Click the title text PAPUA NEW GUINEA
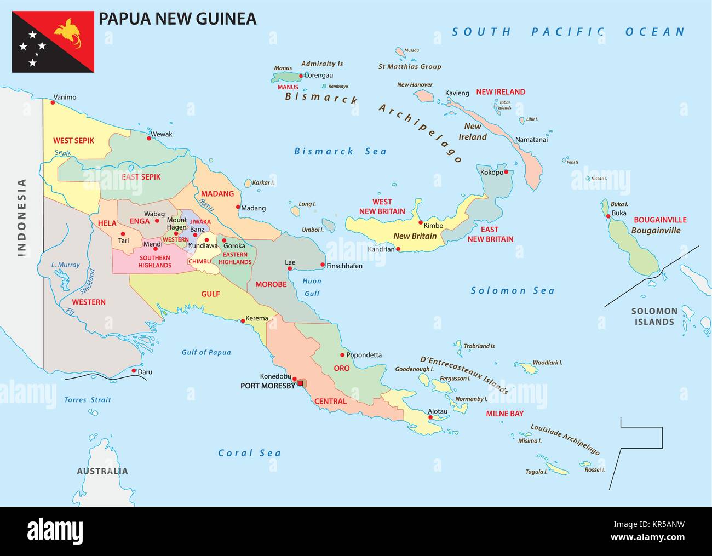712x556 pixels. pyautogui.click(x=177, y=18)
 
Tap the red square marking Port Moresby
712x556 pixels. pyautogui.click(x=300, y=383)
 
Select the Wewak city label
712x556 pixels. pyautogui.click(x=162, y=134)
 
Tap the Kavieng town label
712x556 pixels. pyautogui.click(x=457, y=93)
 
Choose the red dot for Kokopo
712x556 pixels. pyautogui.click(x=506, y=172)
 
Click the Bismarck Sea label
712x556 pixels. pyautogui.click(x=340, y=151)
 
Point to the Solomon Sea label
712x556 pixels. pyautogui.click(x=513, y=290)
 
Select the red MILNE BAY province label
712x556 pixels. pyautogui.click(x=504, y=414)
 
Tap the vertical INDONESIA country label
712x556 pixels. pyautogui.click(x=22, y=217)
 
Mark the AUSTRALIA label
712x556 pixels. pyautogui.click(x=102, y=471)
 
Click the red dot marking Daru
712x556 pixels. pyautogui.click(x=134, y=370)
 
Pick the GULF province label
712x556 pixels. pyautogui.click(x=210, y=294)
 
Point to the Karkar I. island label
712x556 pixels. pyautogui.click(x=263, y=182)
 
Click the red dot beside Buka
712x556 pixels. pyautogui.click(x=607, y=216)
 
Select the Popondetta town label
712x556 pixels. pyautogui.click(x=364, y=355)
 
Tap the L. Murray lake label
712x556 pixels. pyautogui.click(x=65, y=265)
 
